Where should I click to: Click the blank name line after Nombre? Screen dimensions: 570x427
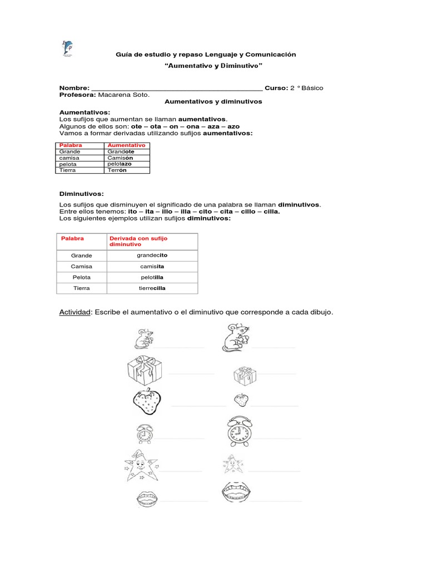pyautogui.click(x=176, y=88)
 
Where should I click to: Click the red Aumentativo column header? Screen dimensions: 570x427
pyautogui.click(x=127, y=145)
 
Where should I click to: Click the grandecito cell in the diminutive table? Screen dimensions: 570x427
pyautogui.click(x=152, y=255)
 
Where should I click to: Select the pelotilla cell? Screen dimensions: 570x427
pyautogui.click(x=152, y=277)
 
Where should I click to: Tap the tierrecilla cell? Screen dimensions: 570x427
pyautogui.click(x=152, y=288)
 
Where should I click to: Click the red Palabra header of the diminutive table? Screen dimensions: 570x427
pyautogui.click(x=72, y=238)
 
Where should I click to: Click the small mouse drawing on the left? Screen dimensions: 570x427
pyautogui.click(x=144, y=338)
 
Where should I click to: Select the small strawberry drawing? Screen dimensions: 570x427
pyautogui.click(x=241, y=399)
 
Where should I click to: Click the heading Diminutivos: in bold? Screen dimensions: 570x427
pyautogui.click(x=82, y=194)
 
